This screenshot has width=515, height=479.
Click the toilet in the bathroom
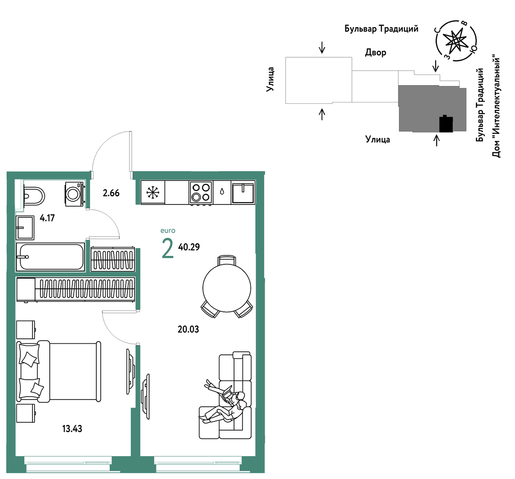click(x=34, y=196)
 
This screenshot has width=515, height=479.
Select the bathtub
click(x=51, y=256)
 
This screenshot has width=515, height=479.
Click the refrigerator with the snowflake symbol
click(x=153, y=192)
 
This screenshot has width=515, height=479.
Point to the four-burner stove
click(x=201, y=192)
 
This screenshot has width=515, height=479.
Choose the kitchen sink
click(x=243, y=193)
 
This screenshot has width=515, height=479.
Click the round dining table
click(x=227, y=288)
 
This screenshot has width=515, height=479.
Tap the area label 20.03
click(x=188, y=329)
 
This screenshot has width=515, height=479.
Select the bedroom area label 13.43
click(x=72, y=428)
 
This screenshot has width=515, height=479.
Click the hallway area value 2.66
click(x=111, y=193)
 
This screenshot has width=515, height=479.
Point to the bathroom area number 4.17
click(x=47, y=218)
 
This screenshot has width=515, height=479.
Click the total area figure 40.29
click(x=189, y=247)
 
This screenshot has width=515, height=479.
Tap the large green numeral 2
click(x=167, y=249)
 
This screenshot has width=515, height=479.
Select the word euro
click(x=168, y=231)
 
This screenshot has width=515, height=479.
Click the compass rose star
click(x=455, y=41)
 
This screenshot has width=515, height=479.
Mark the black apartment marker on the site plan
click(x=446, y=124)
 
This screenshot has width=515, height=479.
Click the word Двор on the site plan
click(x=376, y=52)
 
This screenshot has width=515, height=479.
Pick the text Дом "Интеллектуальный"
click(x=497, y=107)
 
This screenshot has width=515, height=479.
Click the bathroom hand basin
click(x=25, y=228)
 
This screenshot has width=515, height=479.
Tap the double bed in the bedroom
click(x=59, y=371)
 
